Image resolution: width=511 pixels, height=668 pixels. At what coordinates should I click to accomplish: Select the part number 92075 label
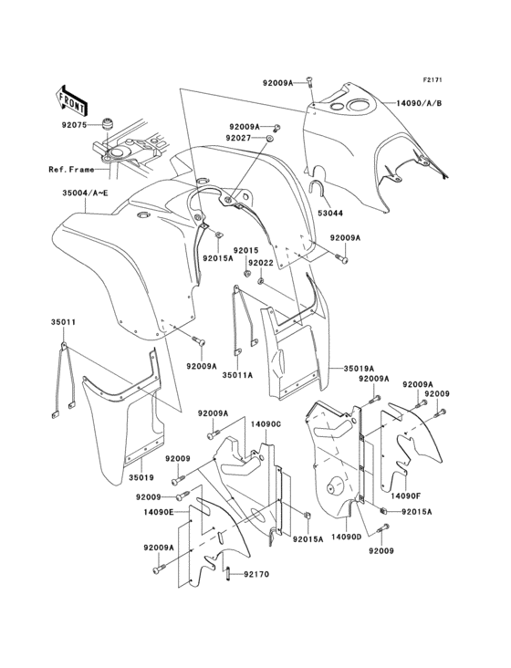coord(74,125)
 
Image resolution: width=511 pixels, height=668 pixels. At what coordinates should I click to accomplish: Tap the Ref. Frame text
coord(71,170)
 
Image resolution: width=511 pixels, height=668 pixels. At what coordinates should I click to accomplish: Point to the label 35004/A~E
coord(86,193)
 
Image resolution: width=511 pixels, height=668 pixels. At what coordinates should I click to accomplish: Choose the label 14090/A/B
coord(419,103)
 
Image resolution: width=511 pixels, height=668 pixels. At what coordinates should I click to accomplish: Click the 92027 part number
coord(238,138)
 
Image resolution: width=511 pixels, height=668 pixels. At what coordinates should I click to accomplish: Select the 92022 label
coord(261,263)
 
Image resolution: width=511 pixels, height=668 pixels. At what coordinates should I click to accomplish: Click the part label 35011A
coord(237,375)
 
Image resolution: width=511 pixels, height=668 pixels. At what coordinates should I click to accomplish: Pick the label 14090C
coord(266,424)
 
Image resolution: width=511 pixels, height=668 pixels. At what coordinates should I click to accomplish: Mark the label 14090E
coord(159,512)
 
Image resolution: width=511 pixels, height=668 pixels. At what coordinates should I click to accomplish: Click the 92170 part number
coord(256,574)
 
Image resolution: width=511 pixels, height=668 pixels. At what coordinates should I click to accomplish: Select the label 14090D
coord(346,537)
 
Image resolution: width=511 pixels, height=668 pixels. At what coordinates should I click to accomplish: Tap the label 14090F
coord(405,496)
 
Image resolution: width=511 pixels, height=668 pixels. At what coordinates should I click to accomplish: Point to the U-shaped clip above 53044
coord(318,188)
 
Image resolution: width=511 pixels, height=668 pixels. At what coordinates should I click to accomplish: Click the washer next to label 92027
coord(270,139)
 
